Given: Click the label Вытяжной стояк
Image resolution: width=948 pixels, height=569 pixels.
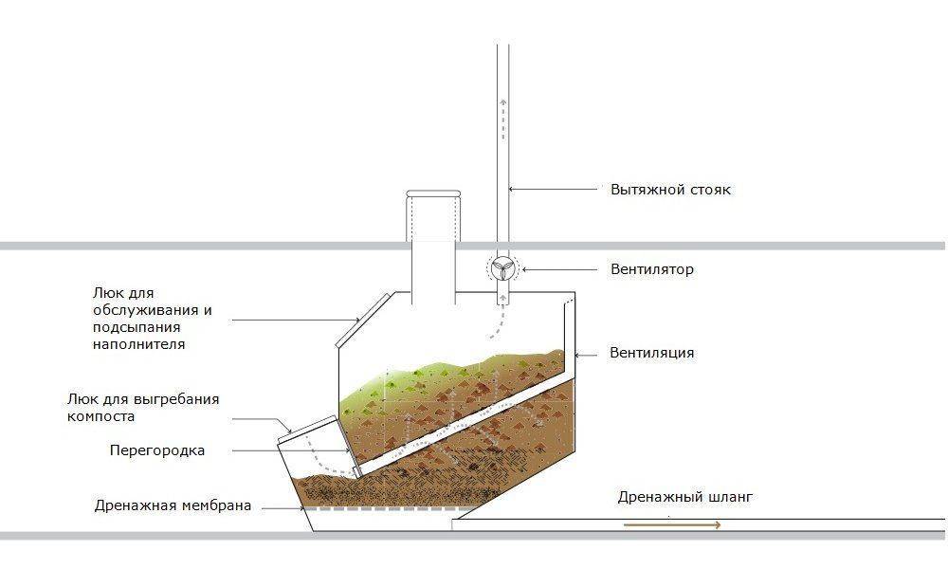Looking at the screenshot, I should point(670,190).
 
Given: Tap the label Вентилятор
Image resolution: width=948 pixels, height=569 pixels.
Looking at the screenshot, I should point(652,269).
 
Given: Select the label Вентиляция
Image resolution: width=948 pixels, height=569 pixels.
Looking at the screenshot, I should point(652,353).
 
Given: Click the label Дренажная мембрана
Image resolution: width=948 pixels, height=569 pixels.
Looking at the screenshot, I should point(173,505).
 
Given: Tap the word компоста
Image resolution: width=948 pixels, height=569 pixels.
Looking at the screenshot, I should point(101,415).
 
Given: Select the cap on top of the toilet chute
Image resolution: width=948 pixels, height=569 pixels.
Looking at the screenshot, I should point(433,194).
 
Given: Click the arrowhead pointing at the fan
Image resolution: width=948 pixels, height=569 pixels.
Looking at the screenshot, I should point(522,269).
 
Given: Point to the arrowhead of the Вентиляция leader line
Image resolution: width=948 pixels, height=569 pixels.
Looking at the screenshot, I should point(575,353).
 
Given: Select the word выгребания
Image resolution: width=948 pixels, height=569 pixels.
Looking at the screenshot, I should point(175,399).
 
